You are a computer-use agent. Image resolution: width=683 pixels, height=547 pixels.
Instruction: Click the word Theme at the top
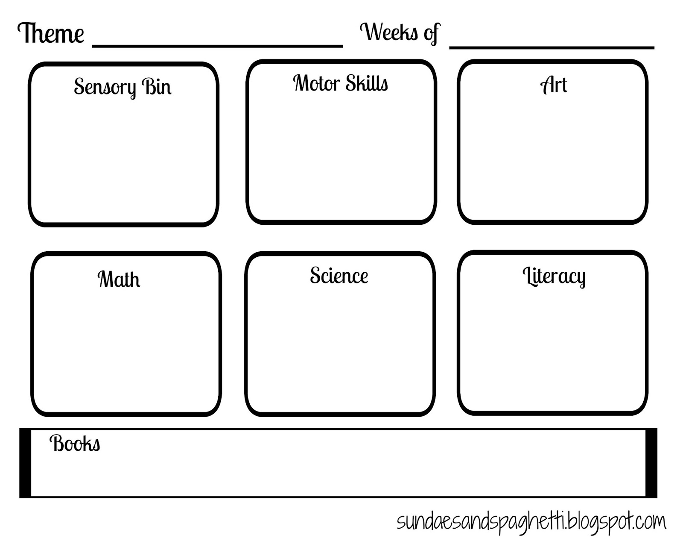51,33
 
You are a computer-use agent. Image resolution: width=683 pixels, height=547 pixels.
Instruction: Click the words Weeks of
400,32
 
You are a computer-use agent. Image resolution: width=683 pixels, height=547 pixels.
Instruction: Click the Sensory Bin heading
123,87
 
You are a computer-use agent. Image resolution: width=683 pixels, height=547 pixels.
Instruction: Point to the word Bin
156,87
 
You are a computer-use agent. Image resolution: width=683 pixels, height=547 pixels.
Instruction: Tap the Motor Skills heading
340,83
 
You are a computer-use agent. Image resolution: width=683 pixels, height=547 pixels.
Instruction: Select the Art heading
554,85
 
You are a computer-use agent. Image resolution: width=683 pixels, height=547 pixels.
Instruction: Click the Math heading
119,279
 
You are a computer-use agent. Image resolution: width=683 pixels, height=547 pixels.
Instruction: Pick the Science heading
339,276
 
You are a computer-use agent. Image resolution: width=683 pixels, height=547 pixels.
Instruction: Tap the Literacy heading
554,276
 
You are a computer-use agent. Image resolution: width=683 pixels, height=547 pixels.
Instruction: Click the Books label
75,443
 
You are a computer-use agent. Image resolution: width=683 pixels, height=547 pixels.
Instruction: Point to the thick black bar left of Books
25,463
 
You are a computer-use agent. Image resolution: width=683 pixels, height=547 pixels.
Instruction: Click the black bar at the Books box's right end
651,463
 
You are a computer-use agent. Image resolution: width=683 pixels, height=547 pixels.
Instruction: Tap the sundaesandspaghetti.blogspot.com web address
531,522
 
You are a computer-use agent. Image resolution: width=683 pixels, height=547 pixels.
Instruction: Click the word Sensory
105,87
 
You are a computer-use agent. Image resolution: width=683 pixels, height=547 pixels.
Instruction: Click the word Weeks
388,32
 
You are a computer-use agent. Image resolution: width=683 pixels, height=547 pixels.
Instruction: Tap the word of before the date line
431,33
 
